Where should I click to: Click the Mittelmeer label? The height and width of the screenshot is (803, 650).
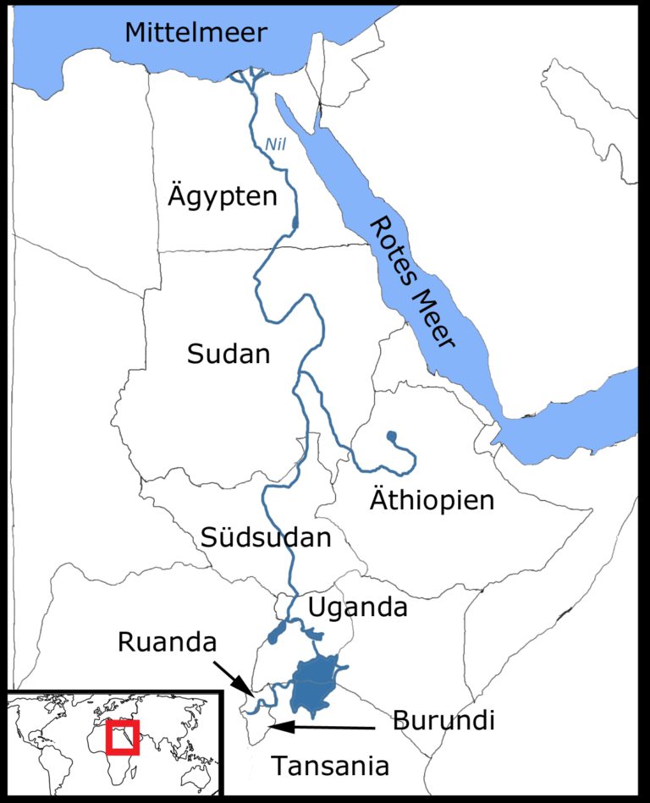196,33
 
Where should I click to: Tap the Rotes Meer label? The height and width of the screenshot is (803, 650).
411,282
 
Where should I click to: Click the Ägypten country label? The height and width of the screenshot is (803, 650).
221,197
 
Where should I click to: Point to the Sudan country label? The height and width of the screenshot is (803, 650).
229,354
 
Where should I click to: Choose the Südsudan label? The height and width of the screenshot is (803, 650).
266,536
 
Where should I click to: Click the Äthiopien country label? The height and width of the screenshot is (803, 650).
432,499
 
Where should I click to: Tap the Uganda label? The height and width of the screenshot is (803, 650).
357,607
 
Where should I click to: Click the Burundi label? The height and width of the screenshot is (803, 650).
443,721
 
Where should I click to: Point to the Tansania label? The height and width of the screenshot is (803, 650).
330,766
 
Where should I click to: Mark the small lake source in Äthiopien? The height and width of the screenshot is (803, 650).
391,437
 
